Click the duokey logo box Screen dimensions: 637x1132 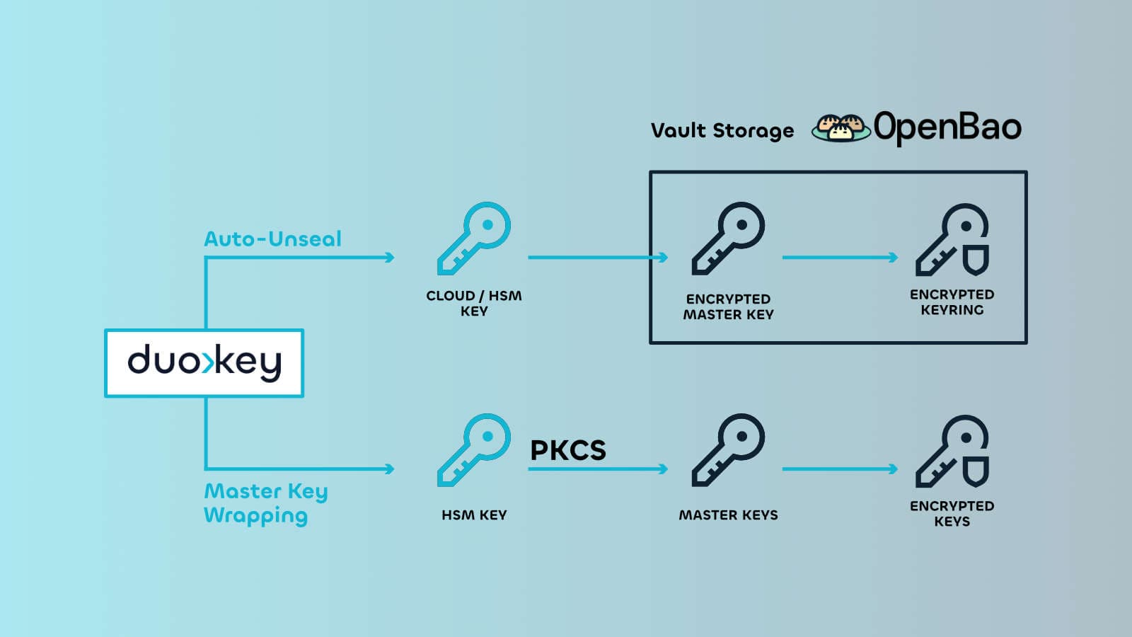pyautogui.click(x=204, y=362)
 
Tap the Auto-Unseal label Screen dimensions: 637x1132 pyautogui.click(x=272, y=239)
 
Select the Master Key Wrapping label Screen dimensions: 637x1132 pyautogui.click(x=265, y=503)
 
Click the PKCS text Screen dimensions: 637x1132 pyautogui.click(x=568, y=450)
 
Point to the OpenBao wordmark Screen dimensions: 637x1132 pyautogui.click(x=947, y=127)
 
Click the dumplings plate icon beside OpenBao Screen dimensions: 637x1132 pyautogui.click(x=841, y=127)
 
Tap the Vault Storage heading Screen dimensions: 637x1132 pyautogui.click(x=722, y=131)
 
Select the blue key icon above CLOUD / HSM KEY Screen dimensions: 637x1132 pyautogui.click(x=473, y=239)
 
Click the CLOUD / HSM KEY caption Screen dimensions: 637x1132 pyautogui.click(x=473, y=303)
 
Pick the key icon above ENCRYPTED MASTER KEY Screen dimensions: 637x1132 pyautogui.click(x=728, y=239)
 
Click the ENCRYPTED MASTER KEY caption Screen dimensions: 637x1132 pyautogui.click(x=728, y=306)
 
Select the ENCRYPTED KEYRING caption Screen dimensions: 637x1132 pyautogui.click(x=952, y=302)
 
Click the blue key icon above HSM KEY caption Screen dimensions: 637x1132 pyautogui.click(x=473, y=450)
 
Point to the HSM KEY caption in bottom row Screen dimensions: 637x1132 pyautogui.click(x=473, y=515)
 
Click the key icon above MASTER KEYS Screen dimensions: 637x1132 pyautogui.click(x=728, y=450)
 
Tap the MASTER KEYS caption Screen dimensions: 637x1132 pyautogui.click(x=728, y=515)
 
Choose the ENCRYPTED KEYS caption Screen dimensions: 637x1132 pyautogui.click(x=952, y=513)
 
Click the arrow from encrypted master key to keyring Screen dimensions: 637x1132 pyautogui.click(x=840, y=258)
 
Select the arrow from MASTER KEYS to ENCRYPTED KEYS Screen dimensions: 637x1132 pyautogui.click(x=840, y=469)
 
